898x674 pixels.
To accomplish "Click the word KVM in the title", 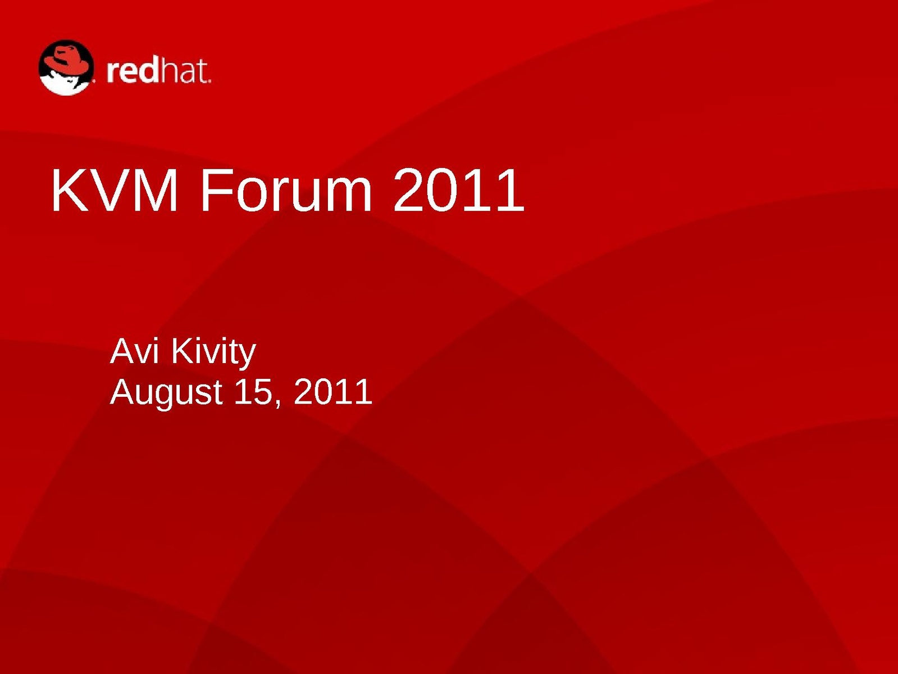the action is (x=115, y=190).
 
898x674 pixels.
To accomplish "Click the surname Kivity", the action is (x=213, y=355).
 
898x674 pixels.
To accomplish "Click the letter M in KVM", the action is (x=157, y=190).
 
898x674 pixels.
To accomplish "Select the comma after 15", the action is (x=278, y=404).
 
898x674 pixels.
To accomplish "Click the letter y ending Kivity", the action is (x=247, y=358).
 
